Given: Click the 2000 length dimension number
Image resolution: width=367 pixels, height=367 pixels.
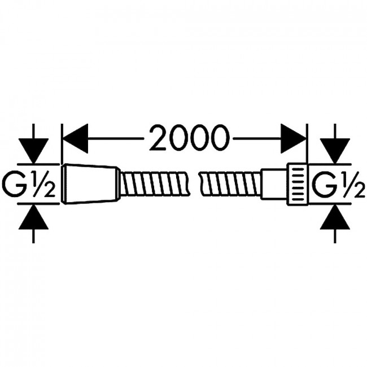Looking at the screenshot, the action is pyautogui.click(x=189, y=138).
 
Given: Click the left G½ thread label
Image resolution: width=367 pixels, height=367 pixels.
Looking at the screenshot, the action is pyautogui.click(x=29, y=183).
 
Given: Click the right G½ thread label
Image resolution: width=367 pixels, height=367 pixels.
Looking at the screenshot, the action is pyautogui.click(x=338, y=183).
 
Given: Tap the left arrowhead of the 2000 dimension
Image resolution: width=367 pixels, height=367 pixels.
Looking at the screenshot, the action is pyautogui.click(x=76, y=138).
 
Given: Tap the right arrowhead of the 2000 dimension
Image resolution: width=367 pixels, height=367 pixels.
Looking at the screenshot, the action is pyautogui.click(x=293, y=138).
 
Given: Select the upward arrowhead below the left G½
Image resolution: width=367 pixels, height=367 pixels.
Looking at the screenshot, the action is pyautogui.click(x=34, y=217).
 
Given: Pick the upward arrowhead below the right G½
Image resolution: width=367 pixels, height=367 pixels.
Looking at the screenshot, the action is pyautogui.click(x=335, y=217).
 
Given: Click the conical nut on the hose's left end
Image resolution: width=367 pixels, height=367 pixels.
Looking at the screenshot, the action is pyautogui.click(x=90, y=184).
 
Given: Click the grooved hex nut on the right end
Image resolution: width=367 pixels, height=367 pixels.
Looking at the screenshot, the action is pyautogui.click(x=297, y=184).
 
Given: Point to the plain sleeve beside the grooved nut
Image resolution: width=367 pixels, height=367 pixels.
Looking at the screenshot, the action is pyautogui.click(x=274, y=184).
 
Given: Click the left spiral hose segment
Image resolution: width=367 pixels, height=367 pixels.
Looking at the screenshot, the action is pyautogui.click(x=154, y=184).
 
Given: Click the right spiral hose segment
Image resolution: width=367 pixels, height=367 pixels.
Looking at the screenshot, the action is pyautogui.click(x=230, y=184).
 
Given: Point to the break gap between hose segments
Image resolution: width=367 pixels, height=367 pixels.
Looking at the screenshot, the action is pyautogui.click(x=194, y=184).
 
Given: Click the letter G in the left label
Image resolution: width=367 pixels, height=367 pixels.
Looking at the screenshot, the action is pyautogui.click(x=14, y=183).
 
